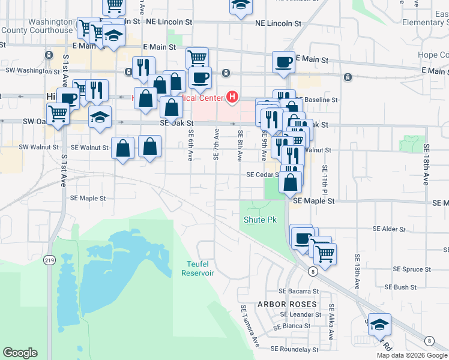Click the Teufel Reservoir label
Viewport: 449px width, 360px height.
coord(197,268)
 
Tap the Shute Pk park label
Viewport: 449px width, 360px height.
coord(259,220)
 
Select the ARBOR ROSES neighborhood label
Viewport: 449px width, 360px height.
coord(287,304)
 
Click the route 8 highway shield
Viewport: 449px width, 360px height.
coord(313,272)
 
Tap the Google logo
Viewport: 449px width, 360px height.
coord(20,353)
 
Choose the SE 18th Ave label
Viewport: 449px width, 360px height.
coord(426,164)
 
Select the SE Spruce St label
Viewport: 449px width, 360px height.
coord(408,269)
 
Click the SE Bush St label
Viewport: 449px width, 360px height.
coord(405,287)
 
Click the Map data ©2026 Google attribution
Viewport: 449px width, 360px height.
coord(412,355)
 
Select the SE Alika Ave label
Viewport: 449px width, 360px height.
coord(331,314)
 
